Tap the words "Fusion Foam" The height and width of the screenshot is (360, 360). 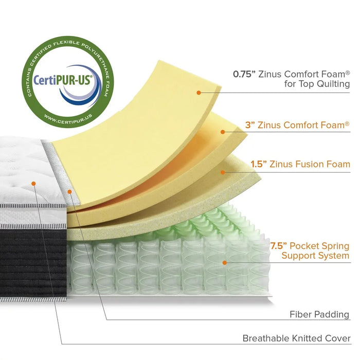[x=323, y=165]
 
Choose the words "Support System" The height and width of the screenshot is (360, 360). [x=316, y=256]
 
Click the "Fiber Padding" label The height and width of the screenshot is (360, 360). [x=319, y=314]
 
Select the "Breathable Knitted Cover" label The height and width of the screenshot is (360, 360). [x=296, y=338]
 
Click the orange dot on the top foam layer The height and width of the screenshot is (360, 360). [x=198, y=93]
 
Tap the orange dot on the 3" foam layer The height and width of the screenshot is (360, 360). [x=223, y=132]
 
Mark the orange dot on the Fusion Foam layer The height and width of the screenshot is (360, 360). [x=223, y=172]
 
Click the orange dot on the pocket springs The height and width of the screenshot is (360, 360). [x=224, y=262]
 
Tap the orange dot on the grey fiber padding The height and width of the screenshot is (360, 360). [x=69, y=191]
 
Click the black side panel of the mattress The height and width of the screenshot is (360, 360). [x=31, y=262]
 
